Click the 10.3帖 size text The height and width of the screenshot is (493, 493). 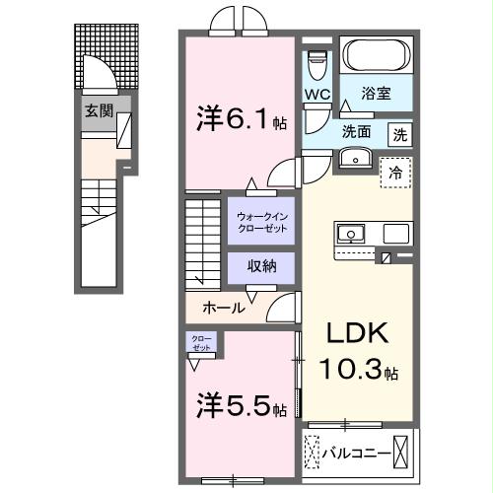pos(359,373)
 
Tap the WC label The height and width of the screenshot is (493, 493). pos(317,95)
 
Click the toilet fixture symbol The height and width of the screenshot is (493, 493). pos(317,65)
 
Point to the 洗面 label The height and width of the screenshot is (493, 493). pos(357,131)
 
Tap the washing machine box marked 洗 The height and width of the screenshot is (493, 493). pos(400,132)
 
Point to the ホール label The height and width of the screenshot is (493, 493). pos(224,308)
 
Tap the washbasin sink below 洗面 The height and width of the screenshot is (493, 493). pos(351,158)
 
